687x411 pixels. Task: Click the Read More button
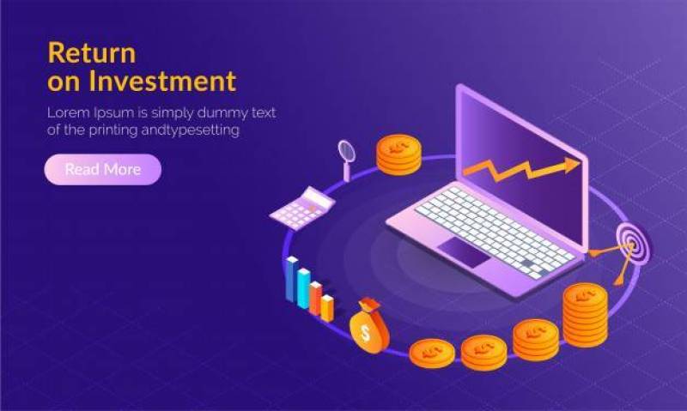(102, 169)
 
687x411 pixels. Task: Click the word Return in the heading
(91, 52)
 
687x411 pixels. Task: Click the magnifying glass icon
(347, 153)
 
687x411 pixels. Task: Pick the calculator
(301, 207)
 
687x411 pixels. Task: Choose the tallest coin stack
(585, 313)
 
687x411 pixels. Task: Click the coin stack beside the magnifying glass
(398, 154)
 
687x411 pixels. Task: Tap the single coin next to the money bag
(431, 352)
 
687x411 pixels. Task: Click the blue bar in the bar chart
(303, 287)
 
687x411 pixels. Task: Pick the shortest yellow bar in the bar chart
(327, 306)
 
